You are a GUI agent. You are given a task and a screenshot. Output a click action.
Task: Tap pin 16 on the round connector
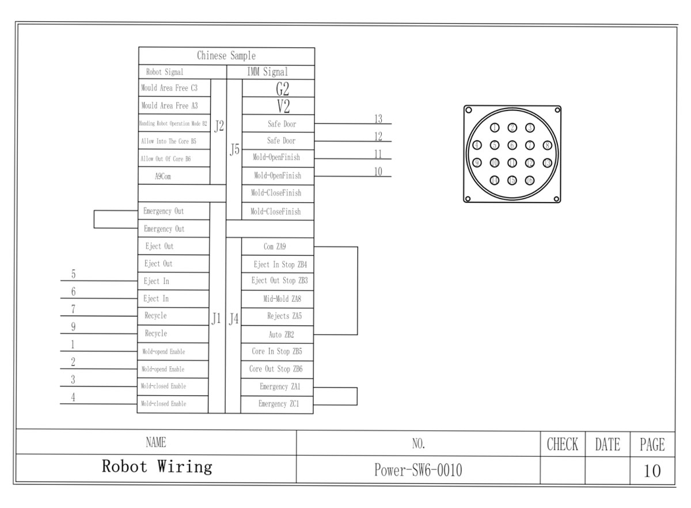click(x=530, y=180)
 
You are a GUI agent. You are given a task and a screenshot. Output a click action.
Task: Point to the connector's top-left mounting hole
click(x=469, y=110)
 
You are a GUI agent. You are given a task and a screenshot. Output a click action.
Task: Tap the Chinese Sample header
click(x=226, y=56)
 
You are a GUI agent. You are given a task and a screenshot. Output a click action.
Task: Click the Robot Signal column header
click(x=165, y=73)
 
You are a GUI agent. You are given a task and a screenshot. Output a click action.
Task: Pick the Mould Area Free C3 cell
click(x=169, y=88)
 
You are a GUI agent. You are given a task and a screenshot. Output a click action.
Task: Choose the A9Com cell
click(x=162, y=176)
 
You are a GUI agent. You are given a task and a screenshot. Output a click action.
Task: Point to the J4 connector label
click(x=233, y=319)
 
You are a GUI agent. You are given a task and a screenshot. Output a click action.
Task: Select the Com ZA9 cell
click(x=275, y=247)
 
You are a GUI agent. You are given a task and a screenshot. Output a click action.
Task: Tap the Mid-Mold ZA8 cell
click(x=278, y=298)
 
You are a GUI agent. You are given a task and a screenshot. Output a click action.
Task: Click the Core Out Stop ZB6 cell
click(x=276, y=369)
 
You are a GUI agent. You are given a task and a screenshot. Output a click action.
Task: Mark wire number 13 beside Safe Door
click(x=378, y=119)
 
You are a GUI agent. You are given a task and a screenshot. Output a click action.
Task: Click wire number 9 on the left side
click(x=73, y=327)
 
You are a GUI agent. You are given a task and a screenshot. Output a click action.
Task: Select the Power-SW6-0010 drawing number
click(x=418, y=470)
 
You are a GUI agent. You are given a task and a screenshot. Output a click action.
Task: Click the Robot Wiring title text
click(x=157, y=467)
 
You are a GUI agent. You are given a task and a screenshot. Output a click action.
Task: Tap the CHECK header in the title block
click(x=562, y=444)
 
